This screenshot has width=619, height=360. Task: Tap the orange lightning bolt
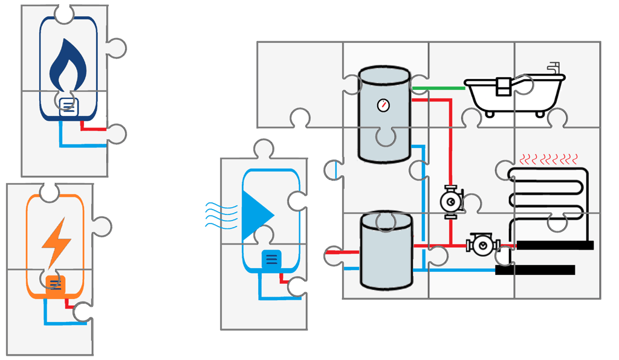[55, 240]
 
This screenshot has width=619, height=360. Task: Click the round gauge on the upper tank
[383, 105]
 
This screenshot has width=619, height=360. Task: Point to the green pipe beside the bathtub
[438, 88]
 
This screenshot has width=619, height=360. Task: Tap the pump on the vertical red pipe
[450, 199]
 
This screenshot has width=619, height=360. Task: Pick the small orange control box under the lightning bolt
[55, 283]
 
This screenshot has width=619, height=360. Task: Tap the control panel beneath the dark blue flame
[68, 108]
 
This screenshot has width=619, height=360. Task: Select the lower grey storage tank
[386, 251]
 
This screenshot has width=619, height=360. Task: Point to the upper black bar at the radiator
[554, 245]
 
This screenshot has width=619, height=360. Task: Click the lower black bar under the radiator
[534, 270]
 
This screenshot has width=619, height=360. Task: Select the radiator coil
[548, 196]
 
